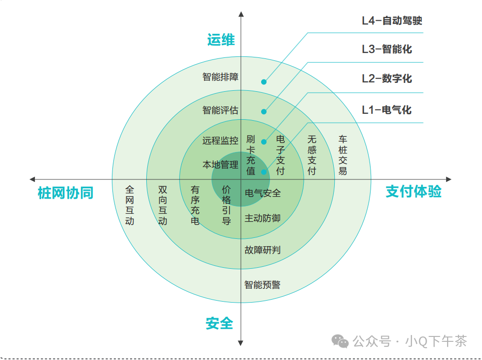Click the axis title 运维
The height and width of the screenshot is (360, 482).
pos(221,40)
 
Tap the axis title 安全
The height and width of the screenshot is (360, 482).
pos(219,324)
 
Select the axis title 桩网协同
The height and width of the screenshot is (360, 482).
pos(65,193)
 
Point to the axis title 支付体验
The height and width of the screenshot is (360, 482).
pos(413,191)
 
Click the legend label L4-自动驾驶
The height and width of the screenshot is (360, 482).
pos(392,21)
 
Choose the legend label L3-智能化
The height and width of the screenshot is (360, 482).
pos(387,49)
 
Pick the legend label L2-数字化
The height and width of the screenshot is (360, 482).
pos(387,78)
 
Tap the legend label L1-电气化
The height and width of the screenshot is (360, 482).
pos(387,110)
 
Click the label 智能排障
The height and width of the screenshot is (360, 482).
pos(220,77)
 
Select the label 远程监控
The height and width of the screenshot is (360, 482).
pos(220,141)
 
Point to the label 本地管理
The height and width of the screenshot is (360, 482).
pos(220,165)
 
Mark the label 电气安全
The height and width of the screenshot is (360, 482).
pos(263,193)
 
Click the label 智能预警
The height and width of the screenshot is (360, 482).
pos(263,284)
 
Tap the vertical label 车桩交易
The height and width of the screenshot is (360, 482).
pos(343,155)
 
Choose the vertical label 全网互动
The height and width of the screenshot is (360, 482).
pos(130,205)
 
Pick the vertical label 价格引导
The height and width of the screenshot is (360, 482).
pos(226,205)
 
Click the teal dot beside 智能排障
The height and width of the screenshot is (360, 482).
pos(264,82)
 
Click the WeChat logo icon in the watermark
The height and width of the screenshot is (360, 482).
pos(340,341)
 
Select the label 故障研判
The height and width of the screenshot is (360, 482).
pos(263,250)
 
